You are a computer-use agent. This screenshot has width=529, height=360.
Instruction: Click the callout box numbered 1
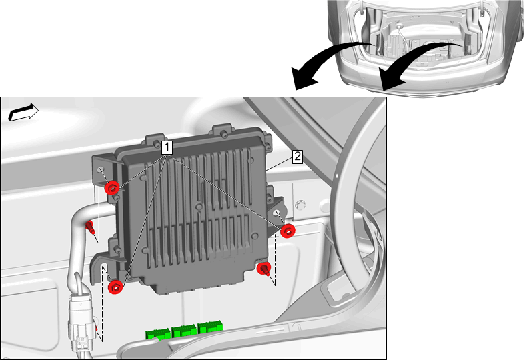[x=167, y=147]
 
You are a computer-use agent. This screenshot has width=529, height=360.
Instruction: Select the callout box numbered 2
[x=298, y=157]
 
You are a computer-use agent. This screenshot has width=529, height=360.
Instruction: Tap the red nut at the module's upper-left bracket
[x=112, y=187]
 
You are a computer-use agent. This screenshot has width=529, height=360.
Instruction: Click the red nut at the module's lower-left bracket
[x=115, y=287]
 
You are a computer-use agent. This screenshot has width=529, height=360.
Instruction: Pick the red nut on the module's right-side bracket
[x=288, y=231]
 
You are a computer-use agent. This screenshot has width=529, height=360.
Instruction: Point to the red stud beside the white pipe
[x=90, y=227]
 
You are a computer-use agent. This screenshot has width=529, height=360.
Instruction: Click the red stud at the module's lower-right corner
[x=263, y=269]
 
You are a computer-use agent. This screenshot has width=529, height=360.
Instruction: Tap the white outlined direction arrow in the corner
[x=23, y=112]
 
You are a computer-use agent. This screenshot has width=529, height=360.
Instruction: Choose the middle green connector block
[x=184, y=331]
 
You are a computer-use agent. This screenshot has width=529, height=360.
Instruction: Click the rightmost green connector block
[x=210, y=328]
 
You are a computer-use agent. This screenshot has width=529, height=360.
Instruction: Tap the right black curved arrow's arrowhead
[x=392, y=79]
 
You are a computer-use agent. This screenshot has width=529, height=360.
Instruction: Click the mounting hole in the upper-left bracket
[x=101, y=170]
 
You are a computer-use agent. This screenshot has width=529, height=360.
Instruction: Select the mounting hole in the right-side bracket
[x=277, y=213]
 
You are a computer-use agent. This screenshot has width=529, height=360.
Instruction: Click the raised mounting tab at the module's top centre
[x=223, y=131]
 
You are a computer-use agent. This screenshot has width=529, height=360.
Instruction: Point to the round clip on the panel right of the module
[x=300, y=205]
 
